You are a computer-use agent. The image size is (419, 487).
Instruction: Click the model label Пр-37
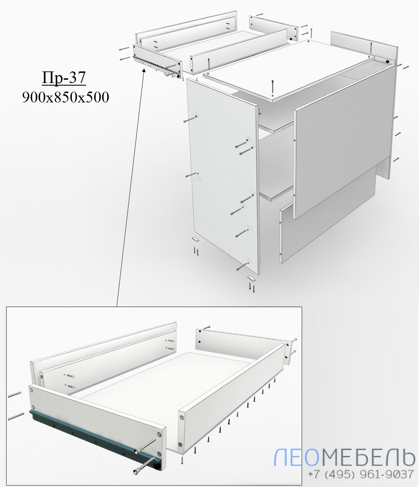64,78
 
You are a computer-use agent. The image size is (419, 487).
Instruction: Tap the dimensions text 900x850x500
66,97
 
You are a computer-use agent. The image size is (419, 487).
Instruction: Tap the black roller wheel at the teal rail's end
156,465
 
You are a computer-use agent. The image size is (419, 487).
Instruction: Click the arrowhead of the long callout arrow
144,70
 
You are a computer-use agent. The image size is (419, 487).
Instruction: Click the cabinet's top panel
289,71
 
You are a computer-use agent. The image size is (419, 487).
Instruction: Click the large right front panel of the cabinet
344,141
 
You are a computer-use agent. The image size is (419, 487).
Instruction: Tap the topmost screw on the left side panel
190,119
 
